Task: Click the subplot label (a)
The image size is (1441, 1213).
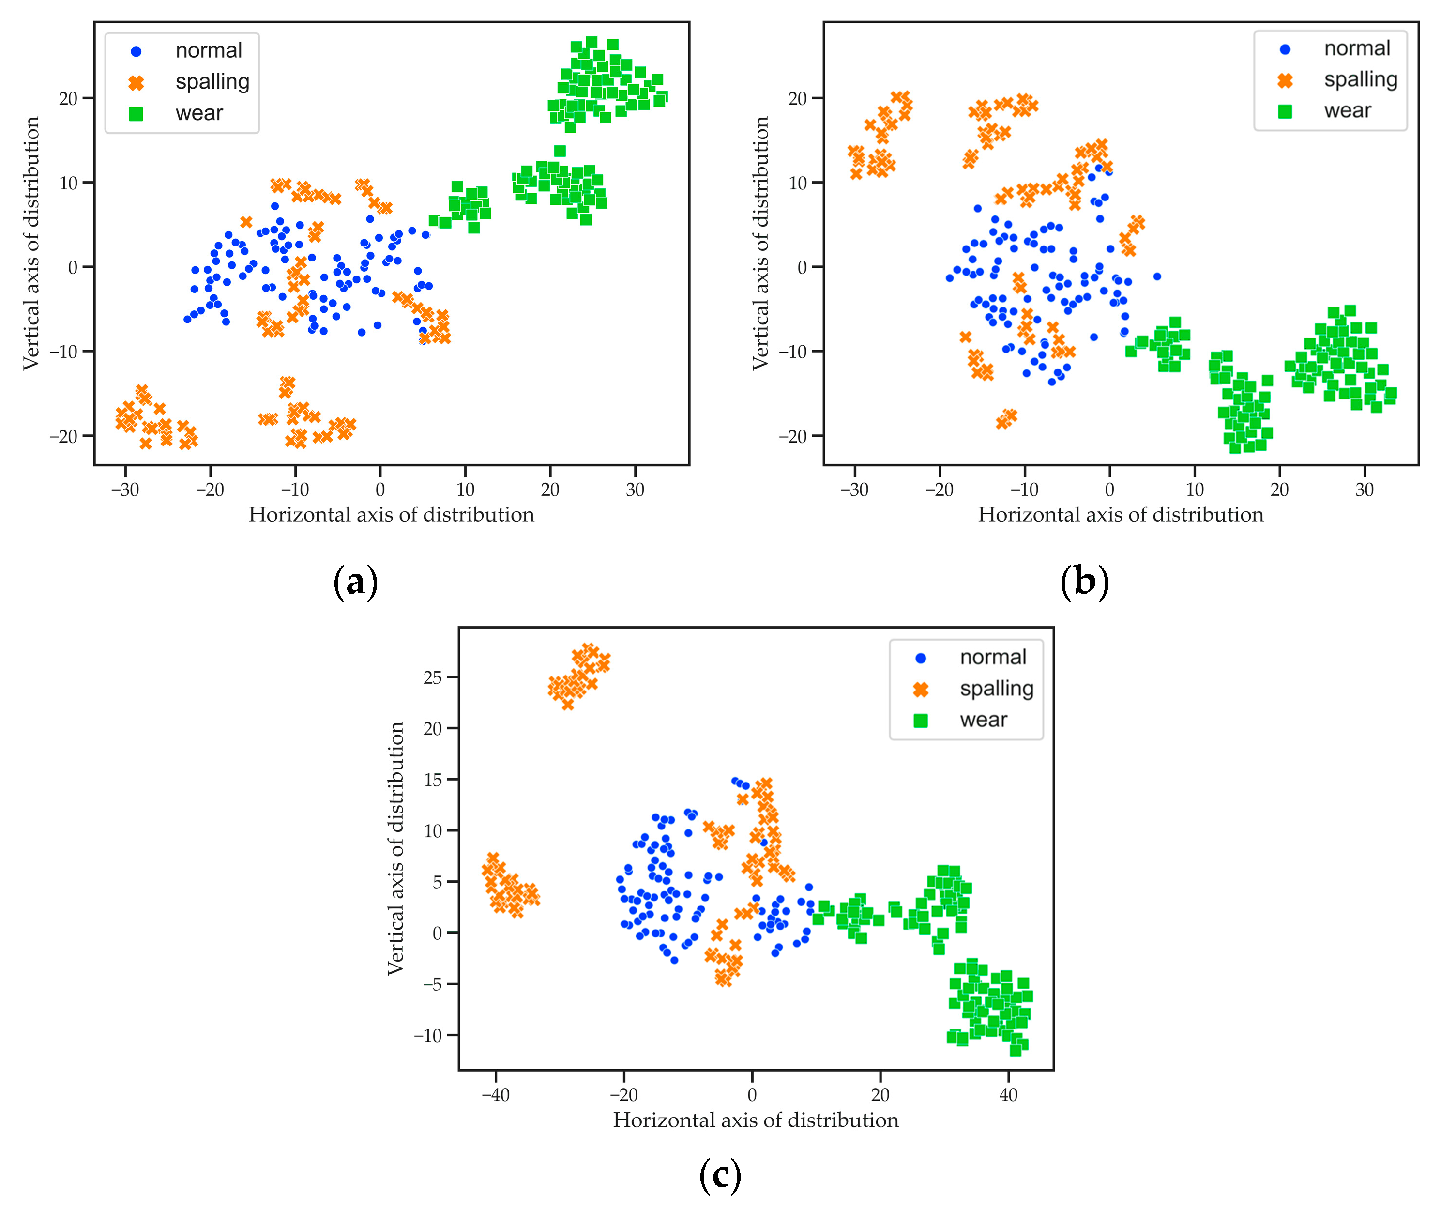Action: [355, 583]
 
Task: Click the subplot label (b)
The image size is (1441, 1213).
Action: [1084, 583]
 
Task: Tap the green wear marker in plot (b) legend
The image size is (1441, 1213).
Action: [1284, 111]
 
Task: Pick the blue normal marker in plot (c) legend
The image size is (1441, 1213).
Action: [921, 658]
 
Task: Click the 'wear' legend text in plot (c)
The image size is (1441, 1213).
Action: [983, 720]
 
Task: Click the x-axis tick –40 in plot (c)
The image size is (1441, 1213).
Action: [495, 1095]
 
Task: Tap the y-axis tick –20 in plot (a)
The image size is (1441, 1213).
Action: [63, 436]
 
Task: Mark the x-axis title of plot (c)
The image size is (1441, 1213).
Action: [756, 1120]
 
